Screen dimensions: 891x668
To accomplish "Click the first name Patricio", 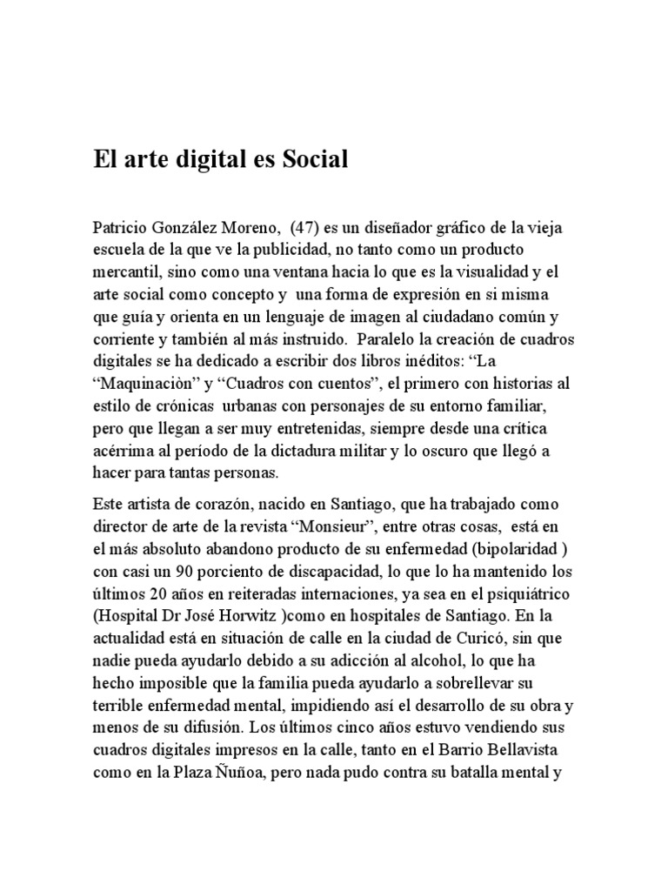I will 120,229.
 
